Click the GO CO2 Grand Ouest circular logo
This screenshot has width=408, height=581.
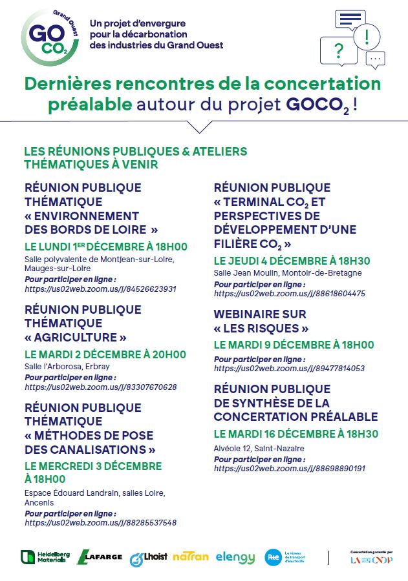(50, 35)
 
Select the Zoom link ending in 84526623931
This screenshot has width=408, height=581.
(100, 289)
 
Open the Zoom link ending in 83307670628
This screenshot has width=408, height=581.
(100, 387)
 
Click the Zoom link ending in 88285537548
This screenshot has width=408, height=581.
(100, 523)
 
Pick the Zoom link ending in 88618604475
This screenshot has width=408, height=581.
(289, 293)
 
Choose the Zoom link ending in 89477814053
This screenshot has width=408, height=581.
(289, 369)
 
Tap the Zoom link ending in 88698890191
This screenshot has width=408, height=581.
(289, 469)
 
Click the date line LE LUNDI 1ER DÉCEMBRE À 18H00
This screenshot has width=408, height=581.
(105, 247)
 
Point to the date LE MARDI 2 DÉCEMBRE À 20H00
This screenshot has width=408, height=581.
(105, 354)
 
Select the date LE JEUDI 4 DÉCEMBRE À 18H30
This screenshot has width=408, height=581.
(292, 261)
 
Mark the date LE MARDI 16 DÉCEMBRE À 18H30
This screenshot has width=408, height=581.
(295, 434)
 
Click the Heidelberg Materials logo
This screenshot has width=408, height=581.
(43, 557)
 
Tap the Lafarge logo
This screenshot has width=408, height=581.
(99, 557)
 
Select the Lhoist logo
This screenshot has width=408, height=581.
(148, 558)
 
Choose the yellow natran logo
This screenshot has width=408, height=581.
(190, 556)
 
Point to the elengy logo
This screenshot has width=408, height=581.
(235, 557)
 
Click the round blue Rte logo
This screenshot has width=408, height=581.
(273, 557)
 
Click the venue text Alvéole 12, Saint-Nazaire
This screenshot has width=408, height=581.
(250, 449)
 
